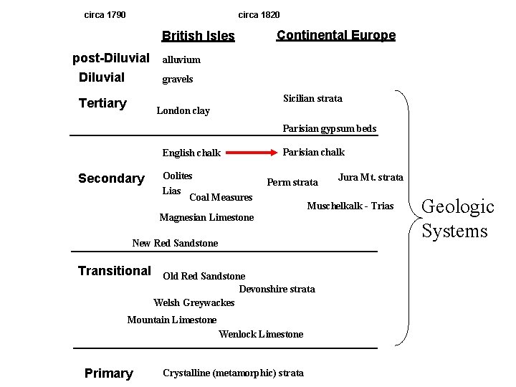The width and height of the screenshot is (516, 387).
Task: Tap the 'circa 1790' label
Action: [x=105, y=14]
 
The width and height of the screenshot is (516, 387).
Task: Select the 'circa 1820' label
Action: [x=259, y=14]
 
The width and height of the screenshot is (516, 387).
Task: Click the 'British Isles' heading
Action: [x=198, y=36]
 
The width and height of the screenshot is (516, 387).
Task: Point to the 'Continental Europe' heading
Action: [x=335, y=35]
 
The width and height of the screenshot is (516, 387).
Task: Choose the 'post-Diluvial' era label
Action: [x=111, y=58]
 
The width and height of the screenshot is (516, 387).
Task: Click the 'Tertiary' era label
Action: [x=102, y=103]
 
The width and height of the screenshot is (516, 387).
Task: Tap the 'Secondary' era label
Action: [x=111, y=178]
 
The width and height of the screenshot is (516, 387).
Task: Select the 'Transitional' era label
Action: [x=114, y=271]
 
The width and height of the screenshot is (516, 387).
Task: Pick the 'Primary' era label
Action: [x=108, y=373]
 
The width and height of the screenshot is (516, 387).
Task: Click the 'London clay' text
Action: [x=183, y=110]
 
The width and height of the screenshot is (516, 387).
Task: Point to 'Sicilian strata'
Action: [x=312, y=98]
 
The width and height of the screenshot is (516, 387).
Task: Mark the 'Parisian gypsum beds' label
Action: [x=329, y=129]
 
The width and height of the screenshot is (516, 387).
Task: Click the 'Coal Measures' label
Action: [x=221, y=197]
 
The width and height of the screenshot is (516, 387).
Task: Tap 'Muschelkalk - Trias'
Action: [x=350, y=206]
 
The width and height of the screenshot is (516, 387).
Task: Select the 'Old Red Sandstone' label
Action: [x=204, y=276]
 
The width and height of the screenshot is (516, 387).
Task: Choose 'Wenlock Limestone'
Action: [x=261, y=334]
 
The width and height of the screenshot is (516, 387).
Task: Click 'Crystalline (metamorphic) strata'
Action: [x=233, y=373]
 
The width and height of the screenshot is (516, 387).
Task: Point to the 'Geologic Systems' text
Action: [x=457, y=219]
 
